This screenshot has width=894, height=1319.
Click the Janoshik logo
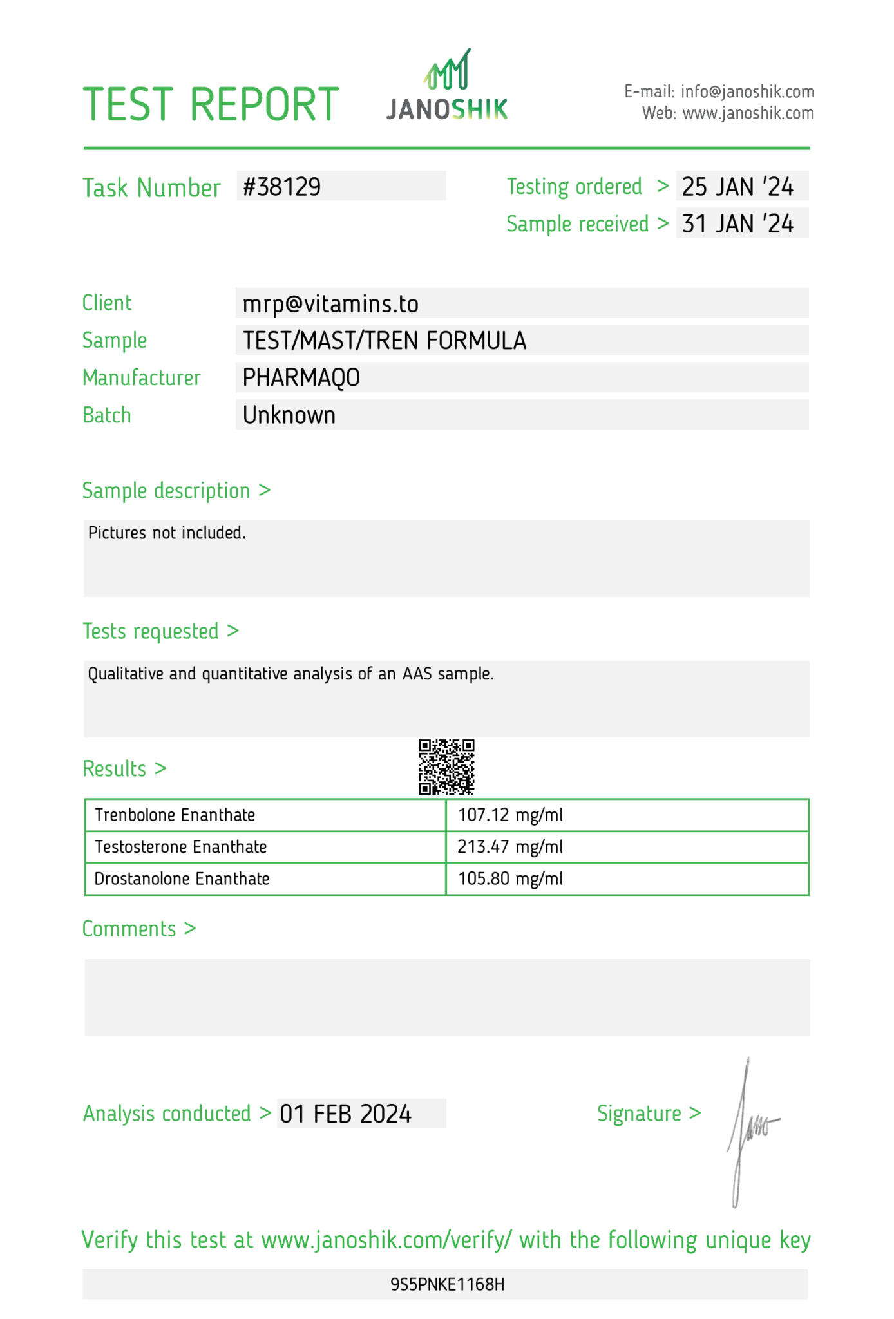coord(447,86)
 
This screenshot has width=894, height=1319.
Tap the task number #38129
coord(282,187)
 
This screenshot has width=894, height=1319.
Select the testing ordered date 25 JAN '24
coord(737,187)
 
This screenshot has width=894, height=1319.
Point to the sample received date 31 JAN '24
coord(737,223)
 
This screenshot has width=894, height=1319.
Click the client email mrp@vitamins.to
coord(330,304)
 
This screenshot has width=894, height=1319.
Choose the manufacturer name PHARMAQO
coord(301,378)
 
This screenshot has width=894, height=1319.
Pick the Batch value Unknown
coord(289,415)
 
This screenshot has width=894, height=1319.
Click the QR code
coord(446,766)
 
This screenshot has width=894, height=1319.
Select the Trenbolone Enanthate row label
coord(175,815)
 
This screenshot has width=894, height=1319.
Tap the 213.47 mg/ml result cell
coord(510,847)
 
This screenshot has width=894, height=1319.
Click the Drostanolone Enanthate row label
coord(182,879)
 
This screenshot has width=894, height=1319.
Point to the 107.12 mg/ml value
coord(510,815)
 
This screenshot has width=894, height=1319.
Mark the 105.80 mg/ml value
coord(510,879)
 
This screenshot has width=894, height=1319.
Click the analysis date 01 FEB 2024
coord(345,1114)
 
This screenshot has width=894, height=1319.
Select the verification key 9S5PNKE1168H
coord(447,1285)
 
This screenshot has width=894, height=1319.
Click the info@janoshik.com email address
coord(747,91)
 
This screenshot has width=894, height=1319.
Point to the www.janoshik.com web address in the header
coord(748,113)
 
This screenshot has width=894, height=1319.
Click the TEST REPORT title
coord(211,104)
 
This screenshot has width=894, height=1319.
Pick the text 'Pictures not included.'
coord(167,533)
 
